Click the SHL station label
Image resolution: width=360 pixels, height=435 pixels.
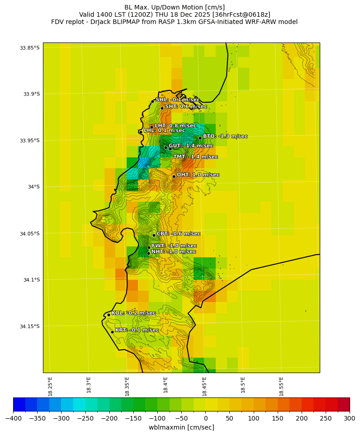177,100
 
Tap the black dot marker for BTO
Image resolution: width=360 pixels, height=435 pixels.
200,138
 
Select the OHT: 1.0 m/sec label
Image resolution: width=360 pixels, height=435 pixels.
198,175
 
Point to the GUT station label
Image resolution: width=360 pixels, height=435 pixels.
190,146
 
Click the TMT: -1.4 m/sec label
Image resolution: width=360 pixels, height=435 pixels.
195,157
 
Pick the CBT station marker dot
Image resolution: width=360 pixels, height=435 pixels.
154,235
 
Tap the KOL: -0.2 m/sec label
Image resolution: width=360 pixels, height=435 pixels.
133,313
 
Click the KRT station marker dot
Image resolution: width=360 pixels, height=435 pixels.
112,332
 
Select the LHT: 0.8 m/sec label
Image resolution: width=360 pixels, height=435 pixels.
175,126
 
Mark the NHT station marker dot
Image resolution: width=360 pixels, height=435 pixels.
148,253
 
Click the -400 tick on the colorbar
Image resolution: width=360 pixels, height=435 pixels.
13,418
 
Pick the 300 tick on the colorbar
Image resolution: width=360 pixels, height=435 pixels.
350,418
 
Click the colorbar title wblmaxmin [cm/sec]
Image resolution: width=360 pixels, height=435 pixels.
181,427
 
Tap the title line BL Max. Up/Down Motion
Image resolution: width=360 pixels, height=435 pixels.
175,7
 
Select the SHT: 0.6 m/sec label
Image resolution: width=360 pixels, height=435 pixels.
186,107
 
